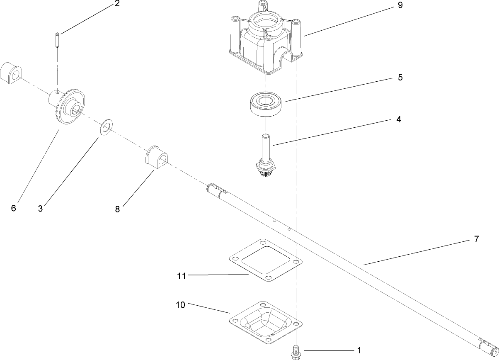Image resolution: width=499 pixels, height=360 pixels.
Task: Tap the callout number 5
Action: click(400, 78)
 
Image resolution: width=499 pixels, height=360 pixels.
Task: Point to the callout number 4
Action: click(398, 119)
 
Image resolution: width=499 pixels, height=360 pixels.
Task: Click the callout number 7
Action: click(476, 239)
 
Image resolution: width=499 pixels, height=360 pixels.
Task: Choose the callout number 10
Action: click(180, 305)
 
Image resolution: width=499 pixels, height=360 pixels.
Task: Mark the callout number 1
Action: click(359, 350)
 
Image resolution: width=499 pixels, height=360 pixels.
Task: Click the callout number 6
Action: click(13, 208)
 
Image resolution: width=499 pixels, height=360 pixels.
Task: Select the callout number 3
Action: click(40, 209)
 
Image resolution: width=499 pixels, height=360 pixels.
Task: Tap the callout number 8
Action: click(117, 209)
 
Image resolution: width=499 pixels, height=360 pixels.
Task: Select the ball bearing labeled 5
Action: click(266, 102)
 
